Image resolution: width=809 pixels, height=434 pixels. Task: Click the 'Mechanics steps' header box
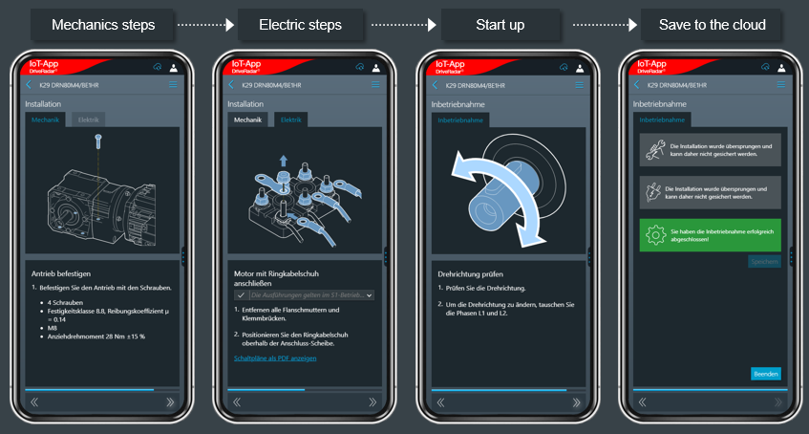click(103, 25)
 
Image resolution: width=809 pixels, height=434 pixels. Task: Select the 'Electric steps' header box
click(301, 25)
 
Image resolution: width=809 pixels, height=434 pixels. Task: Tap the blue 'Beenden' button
click(766, 374)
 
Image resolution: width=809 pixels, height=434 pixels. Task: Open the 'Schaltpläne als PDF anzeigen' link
click(275, 358)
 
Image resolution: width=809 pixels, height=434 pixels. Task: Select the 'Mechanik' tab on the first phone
click(46, 119)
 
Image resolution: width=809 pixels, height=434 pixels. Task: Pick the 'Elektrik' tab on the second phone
click(291, 119)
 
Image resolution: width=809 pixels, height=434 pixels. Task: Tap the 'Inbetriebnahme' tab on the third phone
click(460, 119)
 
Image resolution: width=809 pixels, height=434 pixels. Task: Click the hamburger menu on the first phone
click(173, 85)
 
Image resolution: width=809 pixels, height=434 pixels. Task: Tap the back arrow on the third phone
click(435, 85)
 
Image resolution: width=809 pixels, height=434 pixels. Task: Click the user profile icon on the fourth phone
click(783, 67)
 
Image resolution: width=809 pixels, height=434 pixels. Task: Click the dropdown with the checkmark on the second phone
click(304, 295)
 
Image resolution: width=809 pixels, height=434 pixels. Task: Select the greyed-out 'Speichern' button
click(766, 261)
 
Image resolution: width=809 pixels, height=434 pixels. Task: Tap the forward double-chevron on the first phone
click(171, 402)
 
